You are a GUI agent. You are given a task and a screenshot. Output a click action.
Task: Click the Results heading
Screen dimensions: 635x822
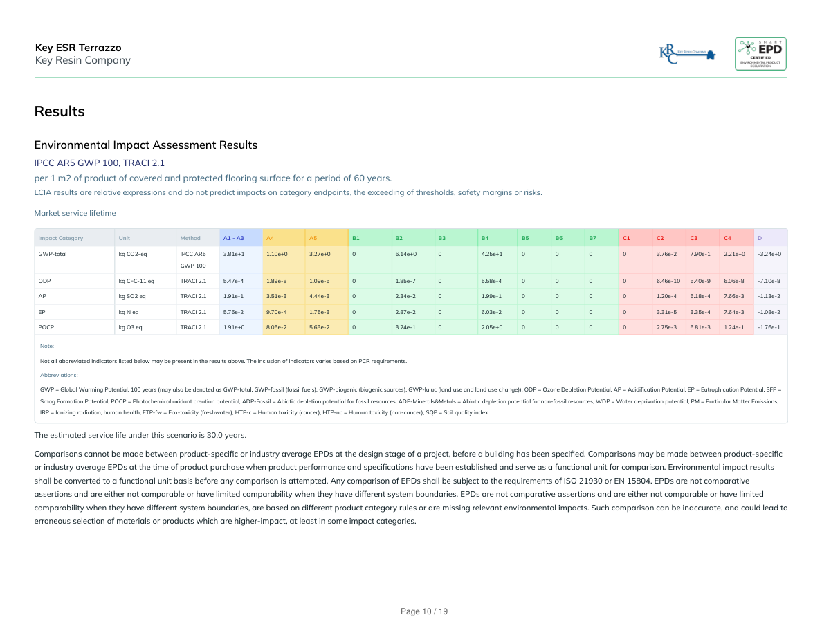(60, 111)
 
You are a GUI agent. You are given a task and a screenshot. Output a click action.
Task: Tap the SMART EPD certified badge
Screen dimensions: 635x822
(760, 54)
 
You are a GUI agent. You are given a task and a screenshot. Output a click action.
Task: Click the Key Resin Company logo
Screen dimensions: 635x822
(687, 53)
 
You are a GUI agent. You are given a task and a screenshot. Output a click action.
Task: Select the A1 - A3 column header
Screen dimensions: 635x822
(233, 238)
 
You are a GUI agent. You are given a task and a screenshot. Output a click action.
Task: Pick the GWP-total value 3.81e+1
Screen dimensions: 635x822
(233, 254)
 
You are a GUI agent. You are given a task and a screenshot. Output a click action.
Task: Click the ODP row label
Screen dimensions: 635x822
(44, 281)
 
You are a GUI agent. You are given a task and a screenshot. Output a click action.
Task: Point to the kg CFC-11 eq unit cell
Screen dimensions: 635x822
(136, 281)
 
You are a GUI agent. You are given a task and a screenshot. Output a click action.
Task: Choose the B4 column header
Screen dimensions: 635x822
(484, 238)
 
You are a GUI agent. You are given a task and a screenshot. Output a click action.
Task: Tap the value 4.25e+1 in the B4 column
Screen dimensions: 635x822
(491, 254)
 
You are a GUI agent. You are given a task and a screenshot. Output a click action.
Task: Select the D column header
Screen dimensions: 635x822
(760, 238)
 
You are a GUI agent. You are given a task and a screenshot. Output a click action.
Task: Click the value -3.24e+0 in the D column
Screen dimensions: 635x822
(769, 254)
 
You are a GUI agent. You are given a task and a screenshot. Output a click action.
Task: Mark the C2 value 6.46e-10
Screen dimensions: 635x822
(668, 281)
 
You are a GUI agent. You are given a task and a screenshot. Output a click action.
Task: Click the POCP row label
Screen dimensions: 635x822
(46, 326)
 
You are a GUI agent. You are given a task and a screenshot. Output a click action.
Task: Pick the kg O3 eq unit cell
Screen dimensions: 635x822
(130, 326)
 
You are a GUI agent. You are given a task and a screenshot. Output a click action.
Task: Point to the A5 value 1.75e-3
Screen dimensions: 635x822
(320, 311)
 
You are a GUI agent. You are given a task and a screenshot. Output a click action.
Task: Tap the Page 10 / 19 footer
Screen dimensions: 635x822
(424, 611)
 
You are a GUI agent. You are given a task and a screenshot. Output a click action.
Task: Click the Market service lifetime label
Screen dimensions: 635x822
(75, 213)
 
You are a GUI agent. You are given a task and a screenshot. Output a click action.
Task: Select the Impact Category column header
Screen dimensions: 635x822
(61, 238)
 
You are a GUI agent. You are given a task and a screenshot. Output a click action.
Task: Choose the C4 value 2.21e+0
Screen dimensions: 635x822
(733, 254)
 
